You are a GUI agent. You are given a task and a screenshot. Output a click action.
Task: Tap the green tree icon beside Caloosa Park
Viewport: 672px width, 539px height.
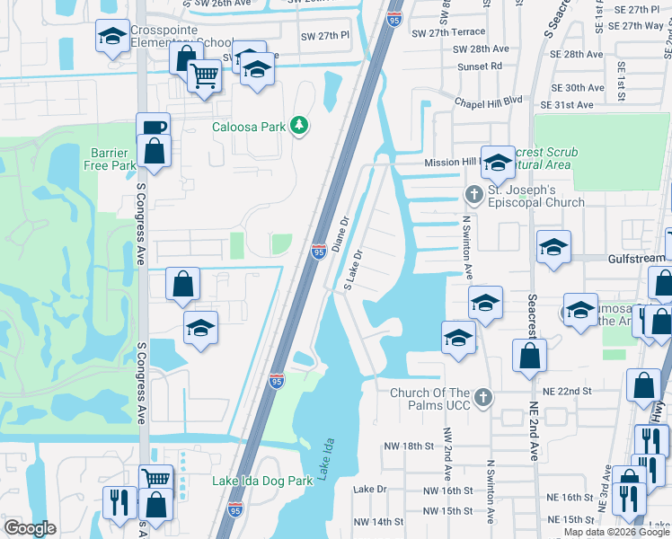point(300,127)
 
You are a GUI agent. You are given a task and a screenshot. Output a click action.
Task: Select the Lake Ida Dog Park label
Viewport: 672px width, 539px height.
point(262,481)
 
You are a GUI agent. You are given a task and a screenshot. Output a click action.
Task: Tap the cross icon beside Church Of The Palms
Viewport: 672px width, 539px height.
point(483,397)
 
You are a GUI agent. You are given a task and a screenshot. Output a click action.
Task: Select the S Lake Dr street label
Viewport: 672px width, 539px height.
point(353,269)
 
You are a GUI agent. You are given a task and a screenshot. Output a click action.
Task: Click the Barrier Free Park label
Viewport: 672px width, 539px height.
point(112,159)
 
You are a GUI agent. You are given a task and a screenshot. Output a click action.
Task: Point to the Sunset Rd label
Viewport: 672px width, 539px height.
point(482,66)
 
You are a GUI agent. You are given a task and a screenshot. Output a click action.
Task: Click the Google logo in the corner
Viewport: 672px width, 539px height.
point(30,527)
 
